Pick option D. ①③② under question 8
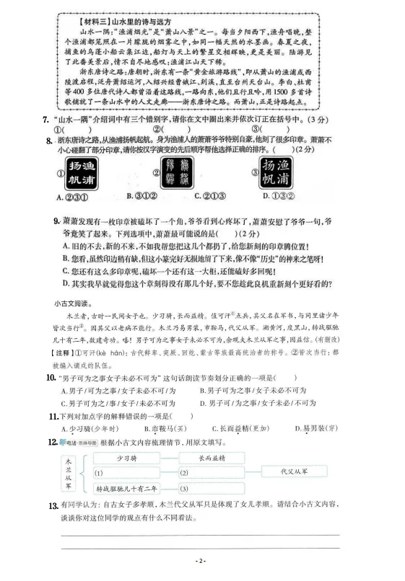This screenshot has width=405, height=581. (278, 196)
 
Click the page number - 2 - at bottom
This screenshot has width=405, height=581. (203, 559)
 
